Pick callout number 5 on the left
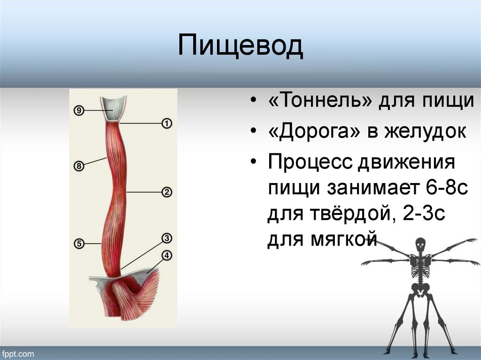[79, 244]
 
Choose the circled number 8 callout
[79, 166]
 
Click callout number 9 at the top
[79, 110]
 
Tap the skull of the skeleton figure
[420, 245]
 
